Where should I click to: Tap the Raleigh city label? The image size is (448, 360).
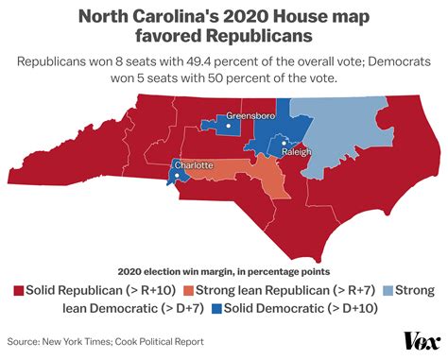(x=296, y=151)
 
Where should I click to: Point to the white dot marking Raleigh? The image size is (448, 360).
(x=283, y=145)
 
